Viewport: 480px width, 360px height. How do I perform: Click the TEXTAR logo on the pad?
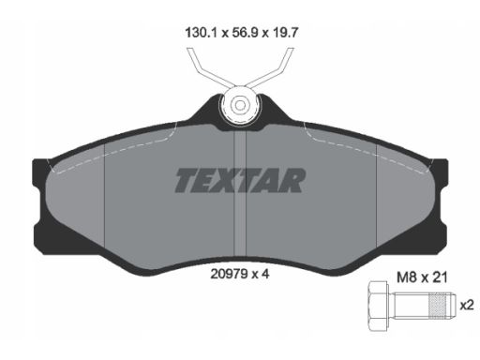click(240, 180)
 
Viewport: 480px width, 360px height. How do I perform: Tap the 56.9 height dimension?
click(245, 33)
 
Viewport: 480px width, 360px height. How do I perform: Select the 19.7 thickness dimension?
click(285, 33)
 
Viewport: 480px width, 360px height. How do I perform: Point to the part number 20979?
click(229, 274)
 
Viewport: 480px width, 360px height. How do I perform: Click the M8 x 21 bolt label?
click(422, 277)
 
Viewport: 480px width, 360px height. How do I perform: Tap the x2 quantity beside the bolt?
click(467, 305)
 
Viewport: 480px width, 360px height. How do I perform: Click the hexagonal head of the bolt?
click(379, 306)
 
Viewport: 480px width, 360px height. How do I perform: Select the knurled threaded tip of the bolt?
click(442, 305)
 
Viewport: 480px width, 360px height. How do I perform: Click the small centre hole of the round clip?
click(240, 106)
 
